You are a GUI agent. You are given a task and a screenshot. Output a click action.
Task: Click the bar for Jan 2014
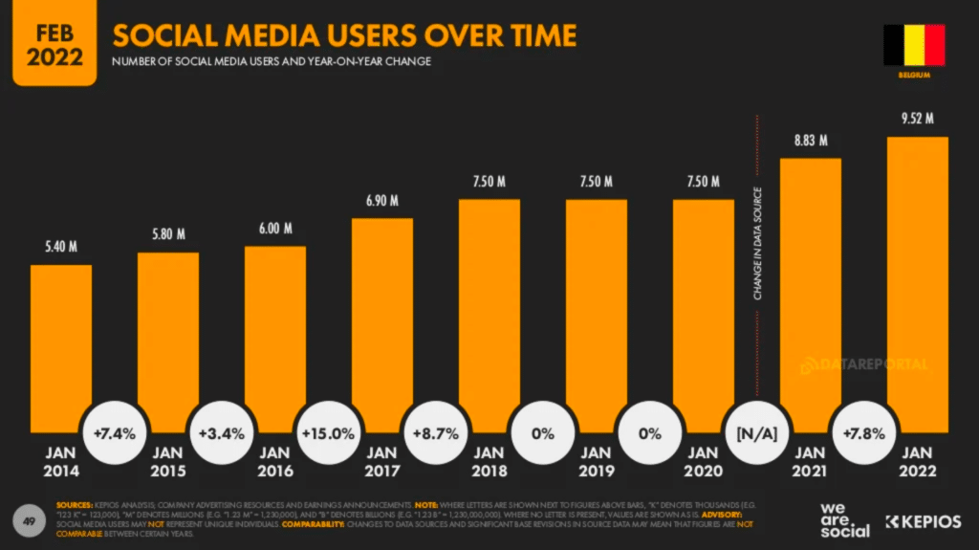(61, 344)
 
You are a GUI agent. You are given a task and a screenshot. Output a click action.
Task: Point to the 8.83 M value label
(811, 141)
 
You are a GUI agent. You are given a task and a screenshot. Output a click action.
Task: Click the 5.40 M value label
(61, 248)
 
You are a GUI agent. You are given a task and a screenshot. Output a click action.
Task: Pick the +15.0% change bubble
(328, 433)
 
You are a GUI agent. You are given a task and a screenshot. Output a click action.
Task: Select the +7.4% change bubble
(114, 433)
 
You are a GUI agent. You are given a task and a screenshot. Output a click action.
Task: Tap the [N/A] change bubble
(756, 433)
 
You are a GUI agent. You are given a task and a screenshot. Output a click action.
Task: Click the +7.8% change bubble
(863, 433)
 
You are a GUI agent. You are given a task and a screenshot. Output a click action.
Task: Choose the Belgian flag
(914, 45)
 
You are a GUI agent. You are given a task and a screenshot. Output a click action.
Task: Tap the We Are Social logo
(845, 519)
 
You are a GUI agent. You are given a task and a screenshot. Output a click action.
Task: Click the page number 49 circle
(30, 519)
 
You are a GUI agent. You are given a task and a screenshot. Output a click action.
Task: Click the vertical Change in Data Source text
(758, 244)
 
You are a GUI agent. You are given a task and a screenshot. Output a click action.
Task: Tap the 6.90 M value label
(382, 201)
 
